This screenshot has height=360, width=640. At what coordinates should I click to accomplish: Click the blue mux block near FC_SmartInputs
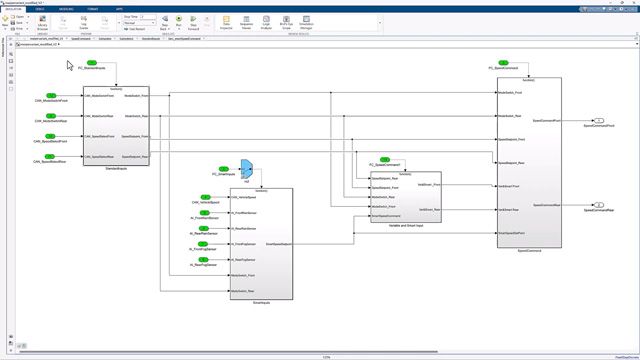pos(247,169)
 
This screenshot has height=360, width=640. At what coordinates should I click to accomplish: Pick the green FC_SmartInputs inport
pos(225,169)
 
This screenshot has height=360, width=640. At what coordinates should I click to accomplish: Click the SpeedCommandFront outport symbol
pos(586,119)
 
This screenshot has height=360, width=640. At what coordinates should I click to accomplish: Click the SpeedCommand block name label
pos(529,251)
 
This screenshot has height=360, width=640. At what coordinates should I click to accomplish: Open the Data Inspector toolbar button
pos(228,22)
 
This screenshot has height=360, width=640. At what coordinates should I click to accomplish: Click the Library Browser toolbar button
pos(44,23)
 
